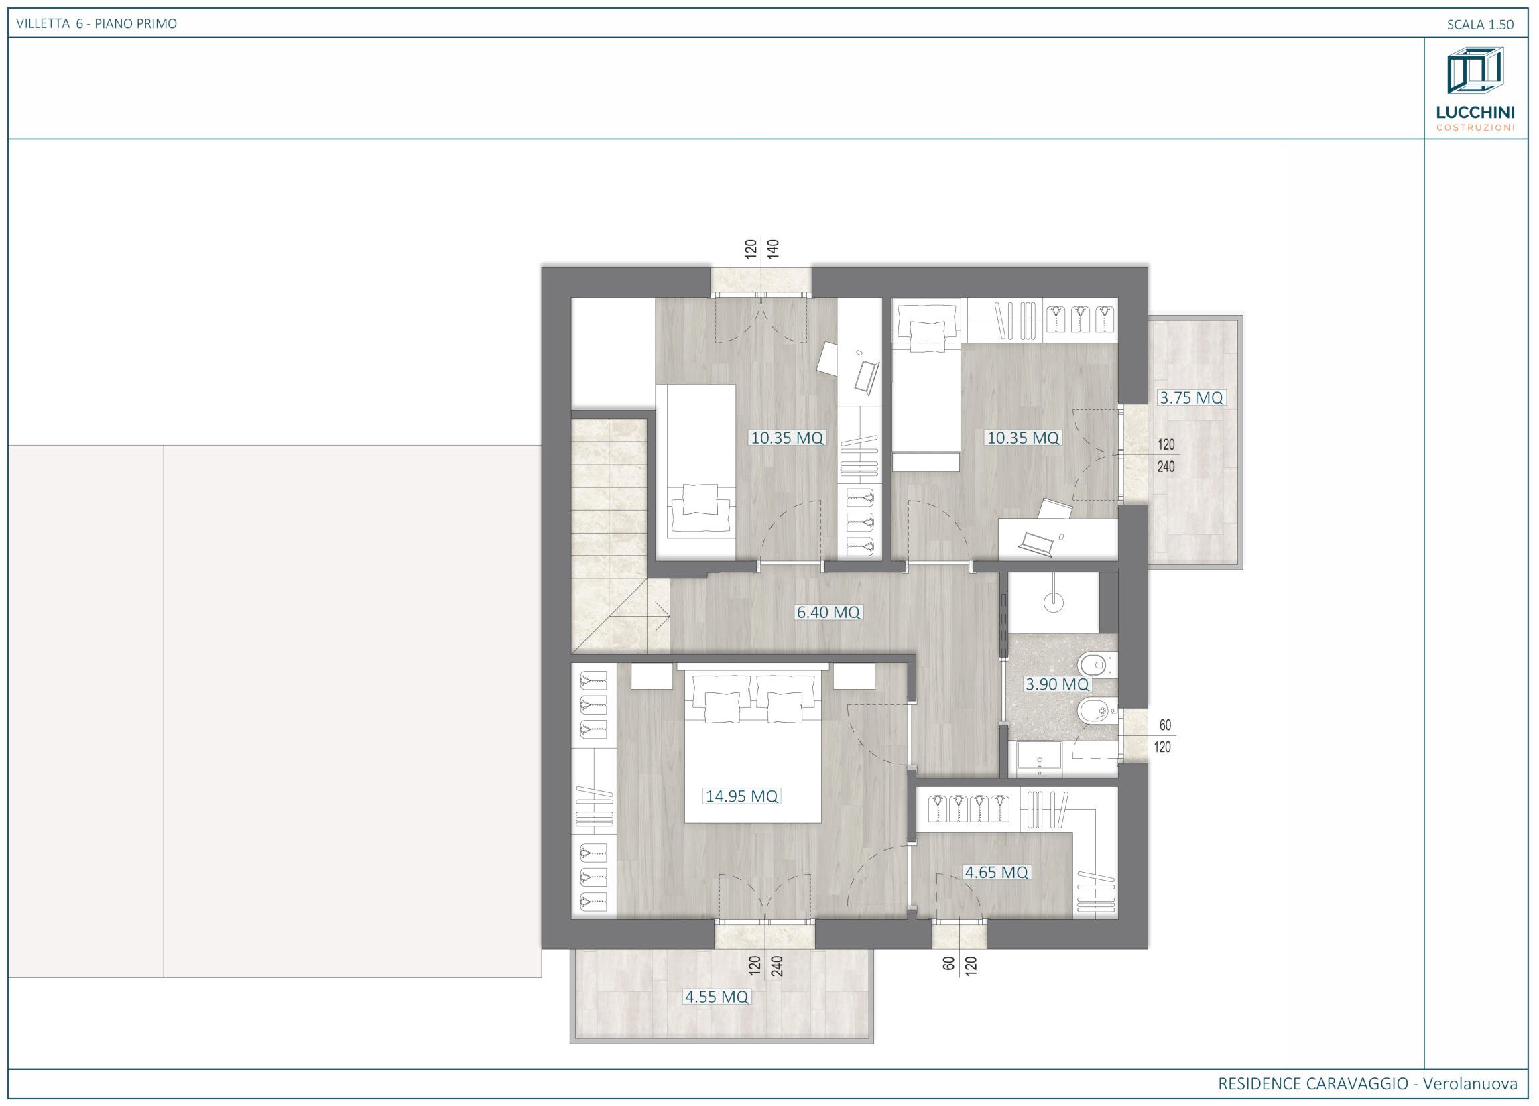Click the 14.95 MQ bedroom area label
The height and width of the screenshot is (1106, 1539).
pyautogui.click(x=741, y=796)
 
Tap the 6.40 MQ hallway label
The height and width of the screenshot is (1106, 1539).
pyautogui.click(x=828, y=612)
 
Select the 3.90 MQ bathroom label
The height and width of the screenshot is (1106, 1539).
pyautogui.click(x=1056, y=684)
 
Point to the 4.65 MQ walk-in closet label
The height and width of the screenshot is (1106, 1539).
pyautogui.click(x=997, y=873)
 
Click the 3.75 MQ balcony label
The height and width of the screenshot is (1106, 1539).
pyautogui.click(x=1191, y=397)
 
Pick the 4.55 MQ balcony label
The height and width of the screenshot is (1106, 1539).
pyautogui.click(x=717, y=997)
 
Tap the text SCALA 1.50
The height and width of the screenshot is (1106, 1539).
pyautogui.click(x=1480, y=24)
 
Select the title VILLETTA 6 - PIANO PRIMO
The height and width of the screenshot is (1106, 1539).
pyautogui.click(x=97, y=23)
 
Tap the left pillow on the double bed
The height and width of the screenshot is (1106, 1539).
pyautogui.click(x=721, y=706)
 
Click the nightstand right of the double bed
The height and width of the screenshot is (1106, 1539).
pyautogui.click(x=854, y=676)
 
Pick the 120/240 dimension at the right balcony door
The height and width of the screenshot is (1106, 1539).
pyautogui.click(x=1166, y=456)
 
